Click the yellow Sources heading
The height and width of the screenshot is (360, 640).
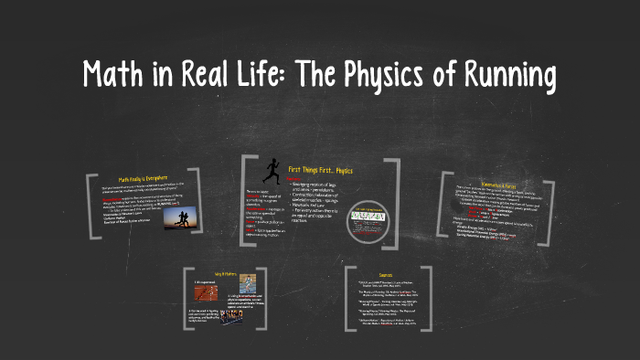[390, 273]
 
